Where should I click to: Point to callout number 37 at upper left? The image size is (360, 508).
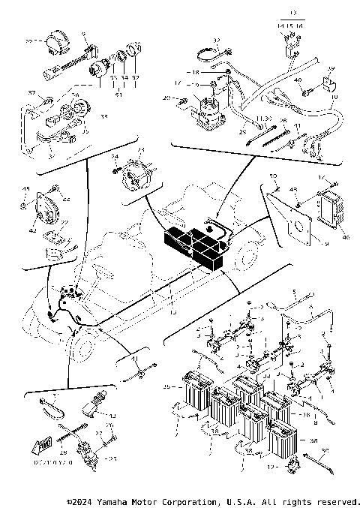point(31,92)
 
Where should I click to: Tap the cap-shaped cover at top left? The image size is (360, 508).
point(55,43)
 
